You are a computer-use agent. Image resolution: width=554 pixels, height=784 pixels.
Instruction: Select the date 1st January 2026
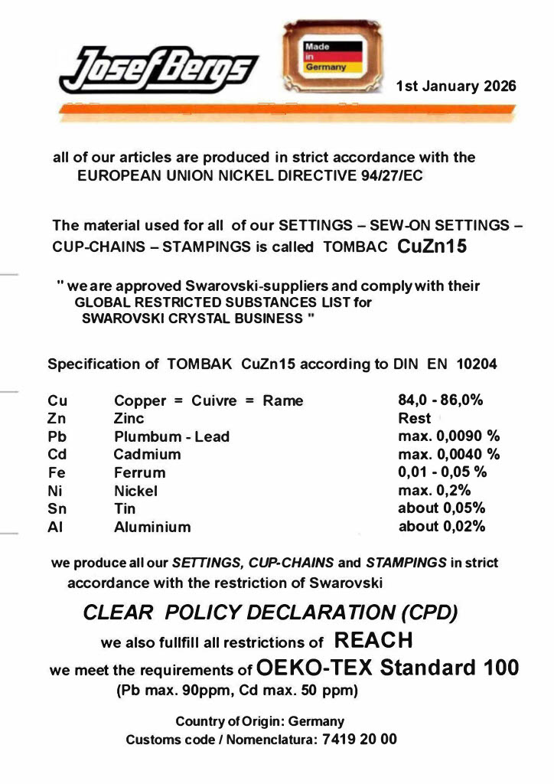point(456,86)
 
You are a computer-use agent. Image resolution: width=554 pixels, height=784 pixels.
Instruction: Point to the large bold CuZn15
point(432,247)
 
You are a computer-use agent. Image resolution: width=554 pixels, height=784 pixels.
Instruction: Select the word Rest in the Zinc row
point(415,419)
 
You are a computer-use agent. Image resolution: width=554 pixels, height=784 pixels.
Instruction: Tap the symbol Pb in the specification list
point(57,437)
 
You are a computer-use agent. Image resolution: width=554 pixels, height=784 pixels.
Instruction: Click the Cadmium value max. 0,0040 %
point(448,455)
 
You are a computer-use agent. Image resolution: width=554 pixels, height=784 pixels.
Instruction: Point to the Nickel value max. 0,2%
point(435,491)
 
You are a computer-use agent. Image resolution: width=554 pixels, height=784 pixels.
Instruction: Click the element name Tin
point(124,509)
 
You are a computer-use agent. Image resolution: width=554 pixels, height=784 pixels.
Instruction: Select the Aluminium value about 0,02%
point(442,527)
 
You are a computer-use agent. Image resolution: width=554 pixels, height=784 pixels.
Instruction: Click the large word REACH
point(374,639)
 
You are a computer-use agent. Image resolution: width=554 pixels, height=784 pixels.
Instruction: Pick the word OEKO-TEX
point(314,667)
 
